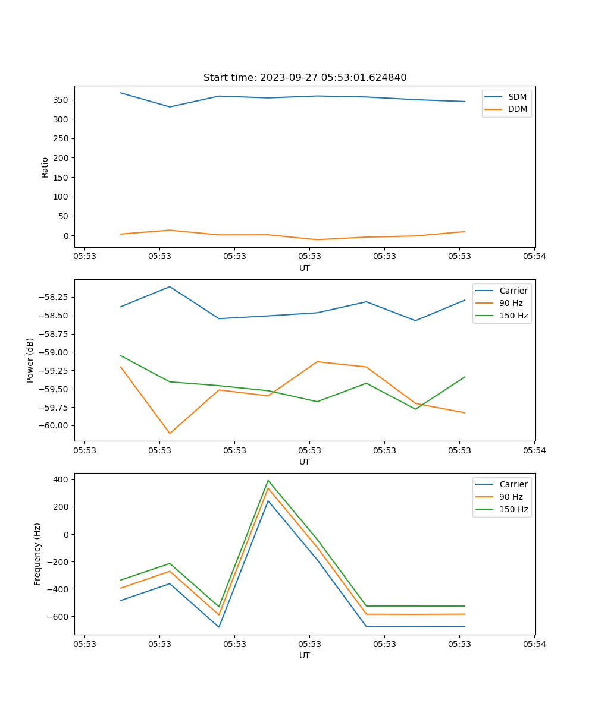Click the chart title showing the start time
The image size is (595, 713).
coord(305,78)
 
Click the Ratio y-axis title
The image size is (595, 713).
coord(45,167)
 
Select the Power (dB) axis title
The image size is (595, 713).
coord(30,360)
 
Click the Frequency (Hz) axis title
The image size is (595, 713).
coord(37,554)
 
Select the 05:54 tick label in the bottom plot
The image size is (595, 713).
coord(534,644)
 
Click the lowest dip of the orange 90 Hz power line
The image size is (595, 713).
coord(170,433)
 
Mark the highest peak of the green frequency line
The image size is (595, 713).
coord(268,480)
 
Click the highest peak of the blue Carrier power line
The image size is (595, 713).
coord(170,286)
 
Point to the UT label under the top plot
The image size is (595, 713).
coord(305,268)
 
